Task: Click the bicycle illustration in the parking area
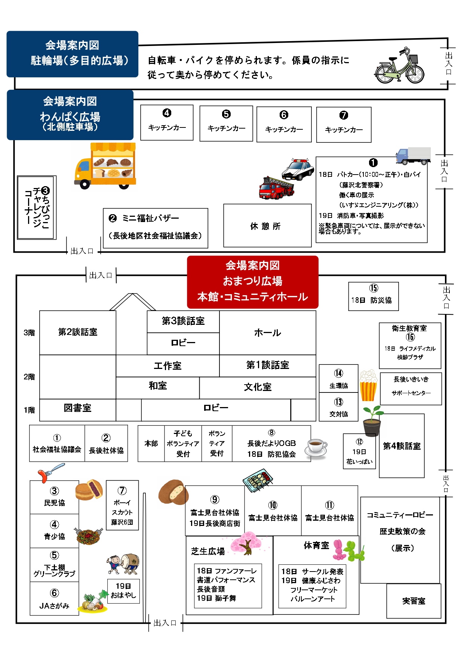(399, 67)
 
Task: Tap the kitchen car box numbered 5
(226, 123)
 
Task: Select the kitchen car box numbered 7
(344, 124)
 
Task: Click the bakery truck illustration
(106, 166)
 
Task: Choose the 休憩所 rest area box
(267, 226)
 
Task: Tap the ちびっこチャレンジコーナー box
(37, 207)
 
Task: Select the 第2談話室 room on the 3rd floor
(78, 332)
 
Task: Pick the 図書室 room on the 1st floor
(77, 409)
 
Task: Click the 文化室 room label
(258, 388)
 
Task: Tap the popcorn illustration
(368, 385)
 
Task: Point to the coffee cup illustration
(316, 448)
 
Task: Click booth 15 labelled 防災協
(373, 296)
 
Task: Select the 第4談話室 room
(402, 446)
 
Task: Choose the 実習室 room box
(414, 601)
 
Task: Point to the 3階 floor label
(29, 333)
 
